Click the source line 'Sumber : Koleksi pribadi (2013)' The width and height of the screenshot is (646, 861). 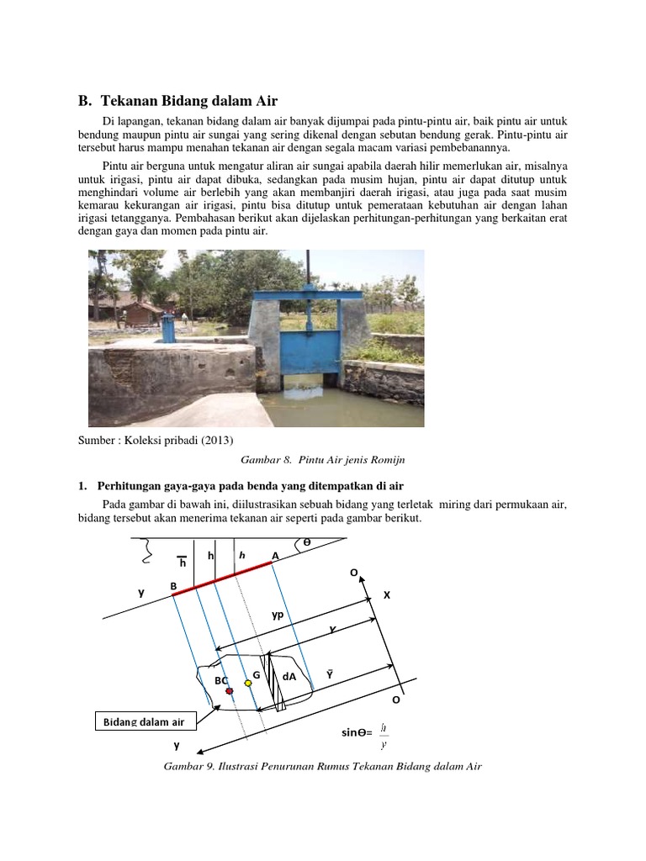(156, 441)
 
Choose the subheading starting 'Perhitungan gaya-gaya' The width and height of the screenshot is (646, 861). (251, 486)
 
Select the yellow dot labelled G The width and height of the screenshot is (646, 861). (247, 683)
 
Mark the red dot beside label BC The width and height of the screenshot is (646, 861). (228, 690)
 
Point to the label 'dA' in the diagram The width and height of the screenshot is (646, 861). (289, 676)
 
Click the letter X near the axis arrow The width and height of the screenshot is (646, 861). (387, 594)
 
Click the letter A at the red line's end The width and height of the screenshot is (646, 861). (274, 556)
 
